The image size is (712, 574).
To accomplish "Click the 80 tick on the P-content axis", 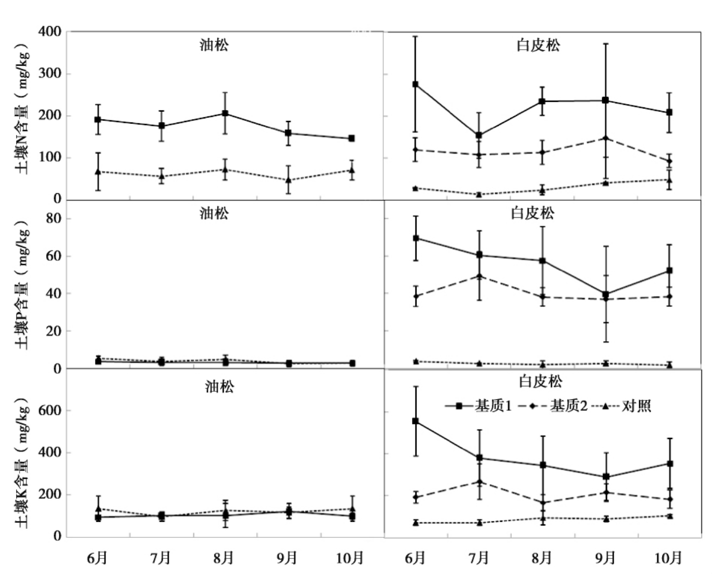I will (53, 219).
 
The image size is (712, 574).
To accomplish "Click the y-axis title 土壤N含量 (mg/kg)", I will (23, 111).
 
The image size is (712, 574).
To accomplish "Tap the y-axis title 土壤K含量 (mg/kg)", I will (23, 463).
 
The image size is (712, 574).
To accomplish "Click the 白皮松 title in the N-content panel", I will (538, 46).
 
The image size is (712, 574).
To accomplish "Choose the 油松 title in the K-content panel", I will (219, 387).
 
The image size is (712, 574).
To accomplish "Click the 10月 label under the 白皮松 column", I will (668, 558).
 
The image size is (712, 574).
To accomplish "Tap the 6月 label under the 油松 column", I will (97, 558).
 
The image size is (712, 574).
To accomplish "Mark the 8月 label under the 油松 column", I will (224, 558).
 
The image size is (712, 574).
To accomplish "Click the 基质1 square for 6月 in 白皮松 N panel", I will (415, 84).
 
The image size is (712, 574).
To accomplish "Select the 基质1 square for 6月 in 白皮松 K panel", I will (415, 421).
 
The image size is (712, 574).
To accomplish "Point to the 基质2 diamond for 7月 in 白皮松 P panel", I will (479, 276).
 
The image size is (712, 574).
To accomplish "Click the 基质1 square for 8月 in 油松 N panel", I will (225, 113).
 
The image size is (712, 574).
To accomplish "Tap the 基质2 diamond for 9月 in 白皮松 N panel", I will (606, 138).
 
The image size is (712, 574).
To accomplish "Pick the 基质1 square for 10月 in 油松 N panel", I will (352, 138).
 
